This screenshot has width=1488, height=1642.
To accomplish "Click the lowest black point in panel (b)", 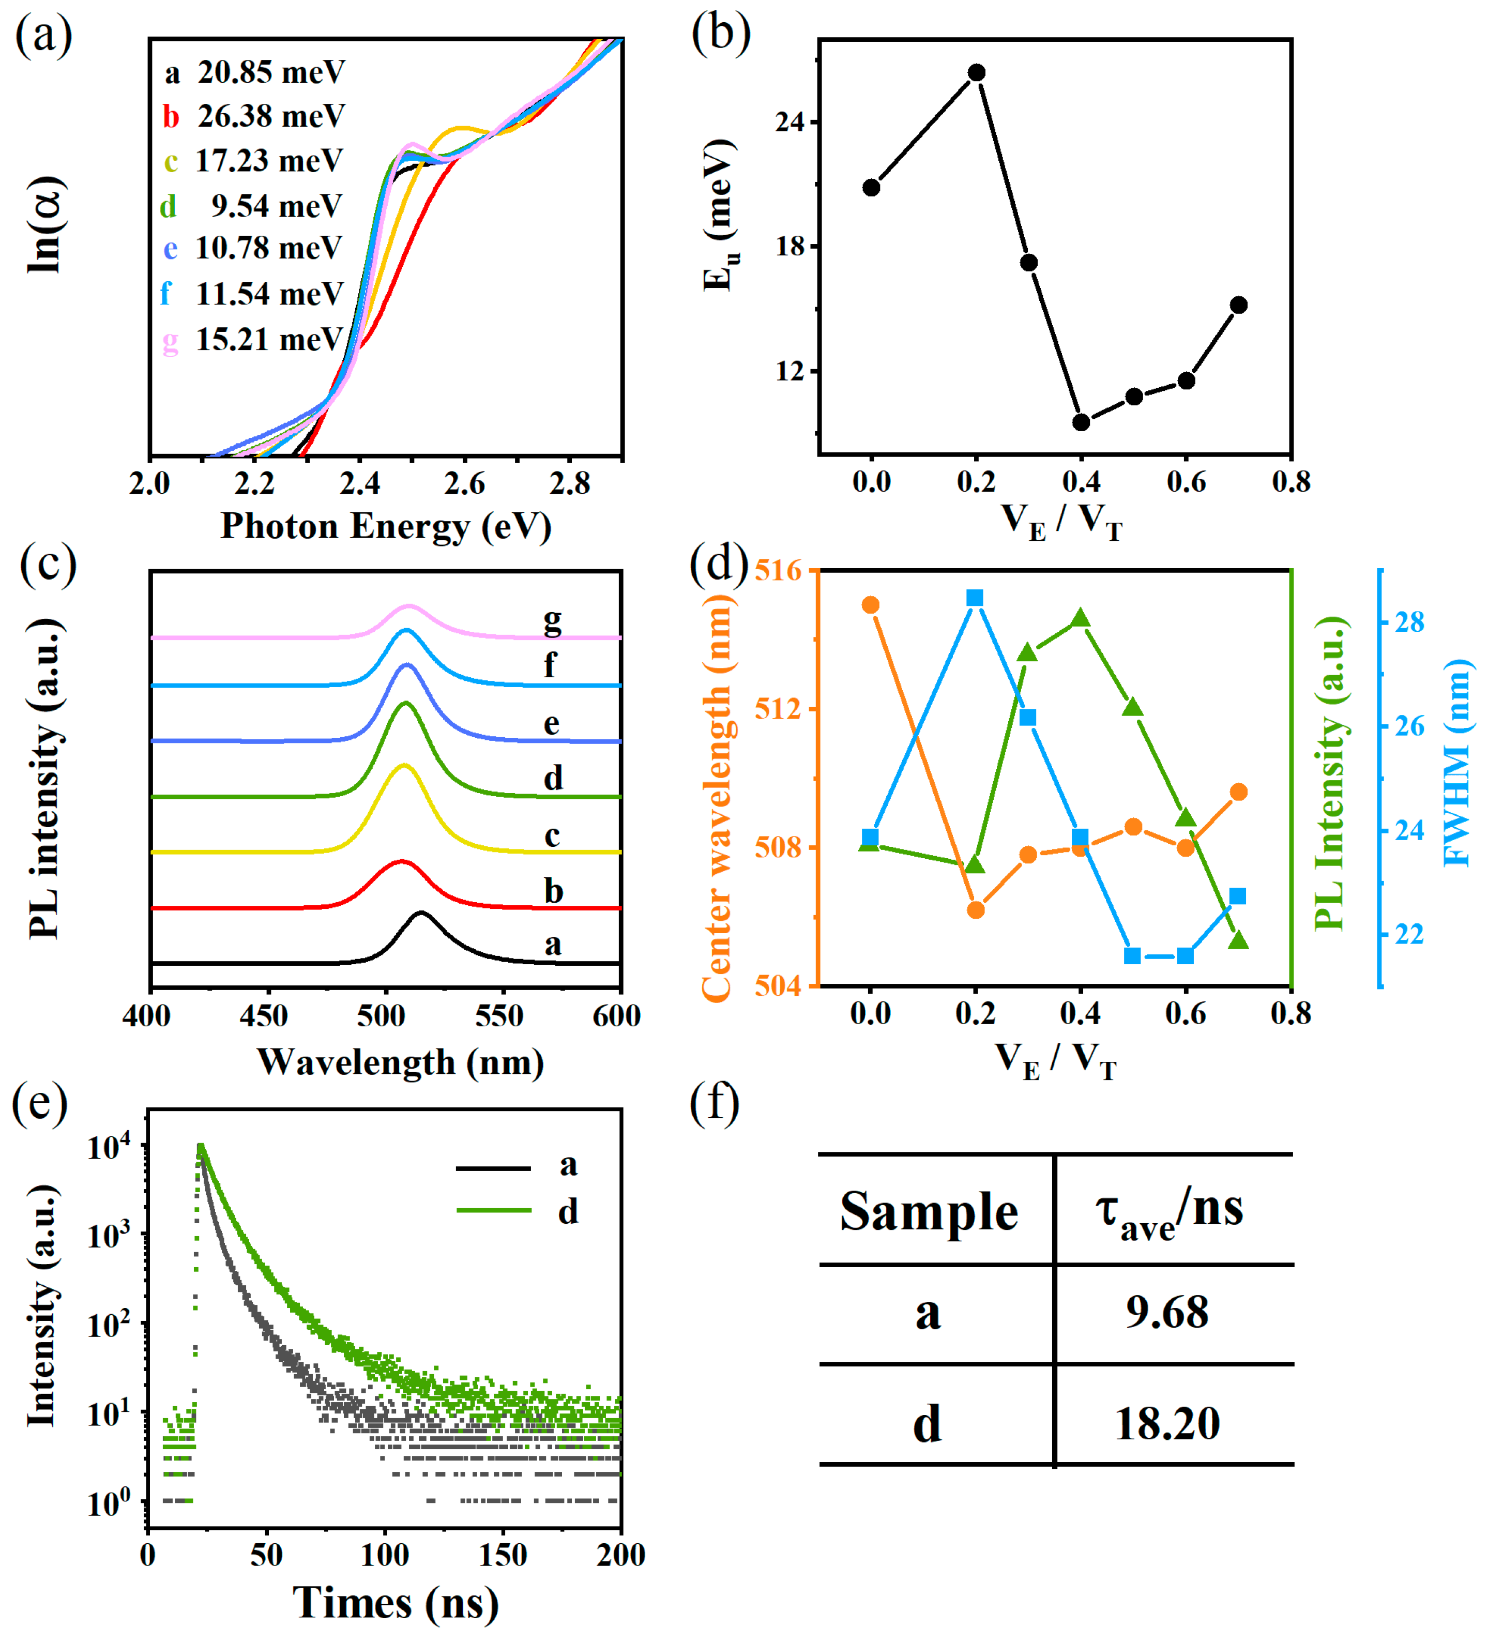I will [1081, 422].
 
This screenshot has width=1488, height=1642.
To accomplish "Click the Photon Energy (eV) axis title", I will [386, 526].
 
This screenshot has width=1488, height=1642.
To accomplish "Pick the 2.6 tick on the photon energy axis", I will [465, 484].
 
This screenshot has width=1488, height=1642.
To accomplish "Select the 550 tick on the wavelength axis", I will [499, 1016].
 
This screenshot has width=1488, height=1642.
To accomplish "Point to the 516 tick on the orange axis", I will [777, 570].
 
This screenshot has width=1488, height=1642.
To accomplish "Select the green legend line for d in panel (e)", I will [494, 1210].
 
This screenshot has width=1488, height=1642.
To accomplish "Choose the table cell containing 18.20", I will [1167, 1424].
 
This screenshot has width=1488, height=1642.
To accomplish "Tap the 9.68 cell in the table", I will [1167, 1312].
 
